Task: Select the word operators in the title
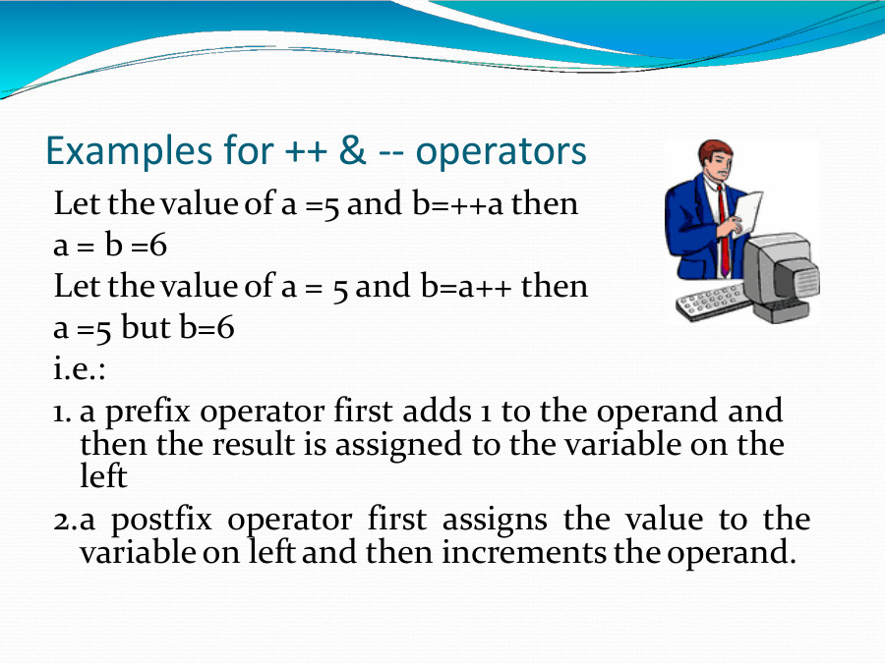501,151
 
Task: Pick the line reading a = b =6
110,246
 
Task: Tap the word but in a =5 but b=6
146,327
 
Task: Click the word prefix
141,411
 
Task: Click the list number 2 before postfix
60,519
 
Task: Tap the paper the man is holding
747,210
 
